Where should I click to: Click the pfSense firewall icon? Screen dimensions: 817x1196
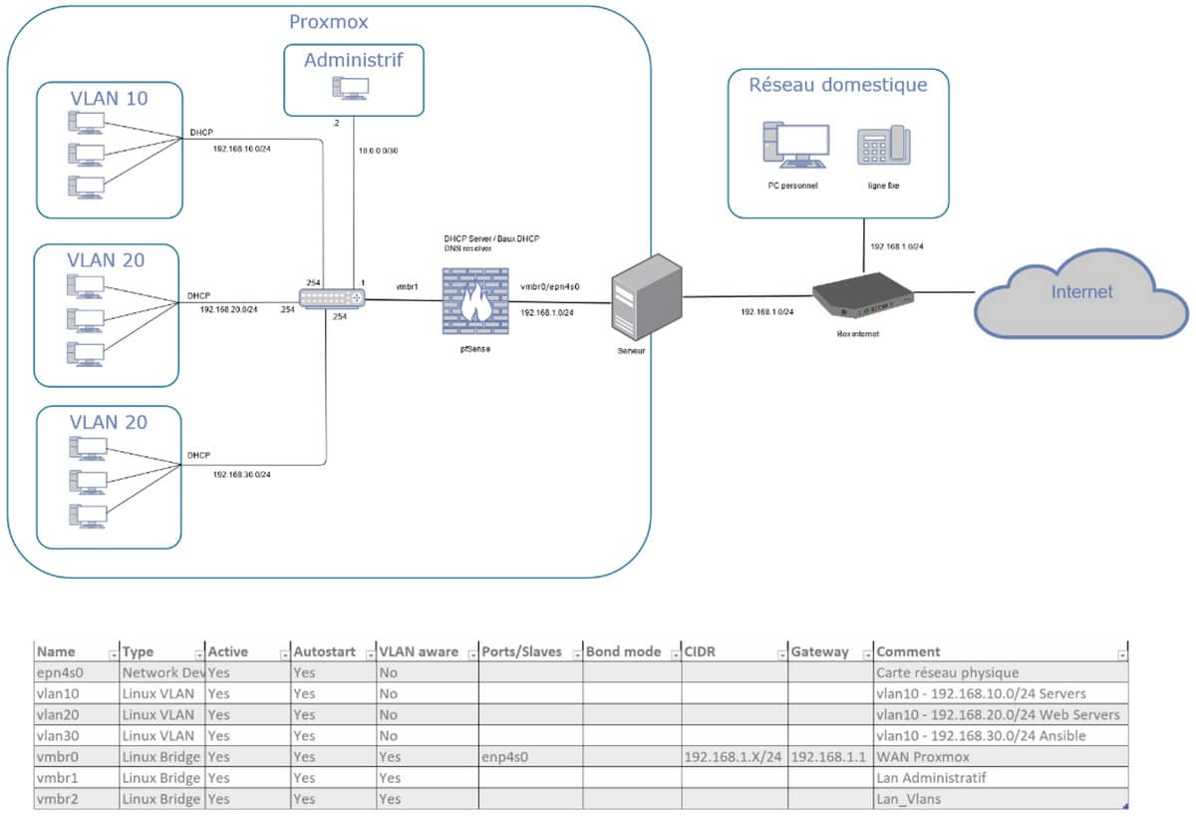click(475, 303)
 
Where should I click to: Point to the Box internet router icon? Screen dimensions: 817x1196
click(862, 294)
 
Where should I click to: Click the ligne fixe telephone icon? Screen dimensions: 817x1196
click(883, 147)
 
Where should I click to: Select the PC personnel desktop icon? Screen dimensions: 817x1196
click(794, 147)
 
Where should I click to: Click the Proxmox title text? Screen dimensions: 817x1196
click(328, 22)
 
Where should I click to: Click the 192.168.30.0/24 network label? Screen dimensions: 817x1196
click(241, 474)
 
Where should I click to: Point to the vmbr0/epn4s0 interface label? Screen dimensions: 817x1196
click(549, 286)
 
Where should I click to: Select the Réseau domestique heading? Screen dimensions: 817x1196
click(837, 85)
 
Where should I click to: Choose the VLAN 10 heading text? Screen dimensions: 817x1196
click(109, 98)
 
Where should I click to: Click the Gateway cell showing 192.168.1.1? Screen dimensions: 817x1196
click(829, 757)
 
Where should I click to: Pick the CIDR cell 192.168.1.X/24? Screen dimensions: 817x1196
click(734, 757)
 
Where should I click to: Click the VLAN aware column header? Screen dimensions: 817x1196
click(418, 651)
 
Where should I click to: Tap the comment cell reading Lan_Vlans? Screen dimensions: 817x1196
click(908, 799)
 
